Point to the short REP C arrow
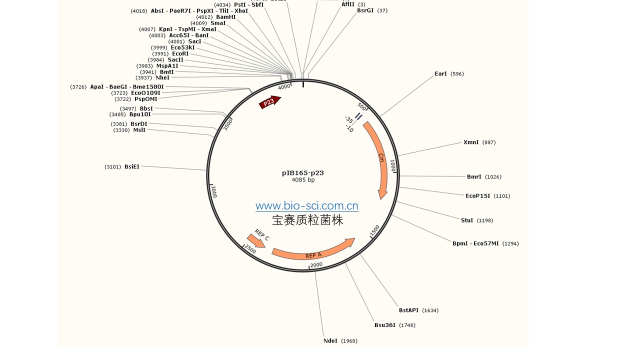[x=256, y=240]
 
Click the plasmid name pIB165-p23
[x=302, y=173]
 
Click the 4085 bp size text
[x=303, y=180]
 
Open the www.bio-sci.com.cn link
[x=306, y=205]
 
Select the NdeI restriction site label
[x=330, y=341]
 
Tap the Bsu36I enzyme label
[x=385, y=325]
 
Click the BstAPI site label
[x=408, y=310]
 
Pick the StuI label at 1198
[x=467, y=220]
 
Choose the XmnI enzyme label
[x=471, y=142]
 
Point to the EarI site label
[x=440, y=74]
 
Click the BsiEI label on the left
[x=132, y=166]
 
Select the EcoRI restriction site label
[x=180, y=53]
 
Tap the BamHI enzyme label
[x=225, y=17]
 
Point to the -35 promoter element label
[x=348, y=119]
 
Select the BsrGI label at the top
[x=365, y=10]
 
